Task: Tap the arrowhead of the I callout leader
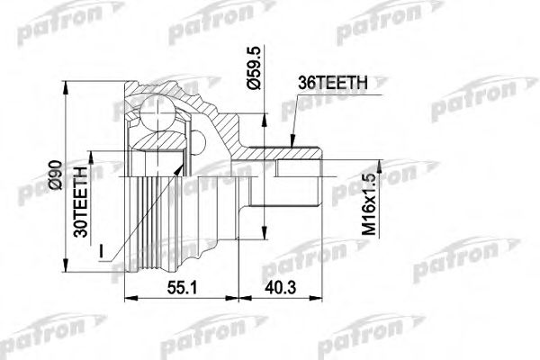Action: point(184,167)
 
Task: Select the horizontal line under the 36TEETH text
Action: point(332,92)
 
